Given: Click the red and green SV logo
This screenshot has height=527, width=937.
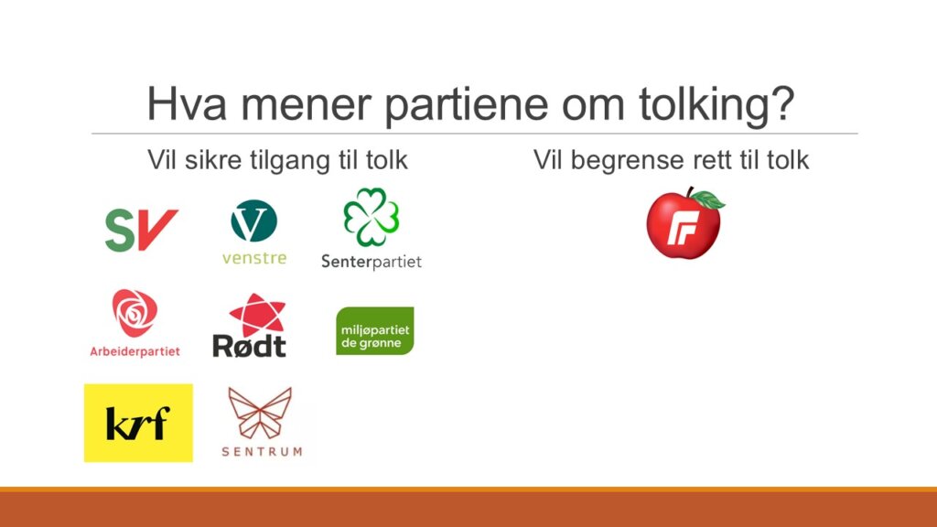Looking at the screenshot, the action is pyautogui.click(x=142, y=230).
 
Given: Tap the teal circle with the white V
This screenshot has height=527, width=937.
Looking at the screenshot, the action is pyautogui.click(x=254, y=220).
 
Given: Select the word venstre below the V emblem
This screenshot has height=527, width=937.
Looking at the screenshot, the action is pyautogui.click(x=254, y=258).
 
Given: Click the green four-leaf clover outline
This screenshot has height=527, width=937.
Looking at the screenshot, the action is pyautogui.click(x=372, y=217).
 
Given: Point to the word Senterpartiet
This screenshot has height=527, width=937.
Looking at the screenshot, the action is pyautogui.click(x=372, y=262).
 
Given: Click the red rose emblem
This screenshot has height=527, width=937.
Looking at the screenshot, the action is pyautogui.click(x=135, y=313).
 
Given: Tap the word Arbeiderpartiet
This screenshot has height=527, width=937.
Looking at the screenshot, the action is pyautogui.click(x=135, y=351).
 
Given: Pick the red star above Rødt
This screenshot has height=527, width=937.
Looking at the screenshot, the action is pyautogui.click(x=257, y=315).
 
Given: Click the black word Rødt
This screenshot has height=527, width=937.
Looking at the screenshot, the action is pyautogui.click(x=249, y=345).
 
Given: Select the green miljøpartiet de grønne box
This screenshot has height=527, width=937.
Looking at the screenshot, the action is pyautogui.click(x=374, y=331).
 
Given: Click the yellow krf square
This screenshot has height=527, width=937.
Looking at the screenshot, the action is pyautogui.click(x=138, y=423).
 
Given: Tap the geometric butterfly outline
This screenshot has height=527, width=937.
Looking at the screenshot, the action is pyautogui.click(x=260, y=413).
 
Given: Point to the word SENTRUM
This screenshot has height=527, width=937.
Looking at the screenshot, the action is pyautogui.click(x=262, y=452).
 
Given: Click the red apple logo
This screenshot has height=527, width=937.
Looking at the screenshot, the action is pyautogui.click(x=684, y=224).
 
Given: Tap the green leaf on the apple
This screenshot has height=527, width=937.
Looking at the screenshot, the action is pyautogui.click(x=708, y=199).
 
